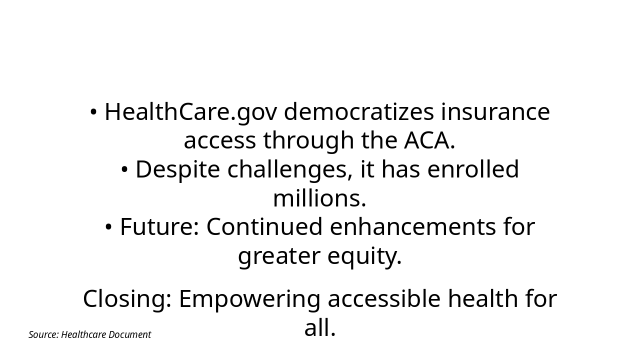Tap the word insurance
coord(495,112)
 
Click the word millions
coord(319,198)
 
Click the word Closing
coord(126,299)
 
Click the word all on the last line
coord(319,328)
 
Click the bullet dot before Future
coord(108,227)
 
